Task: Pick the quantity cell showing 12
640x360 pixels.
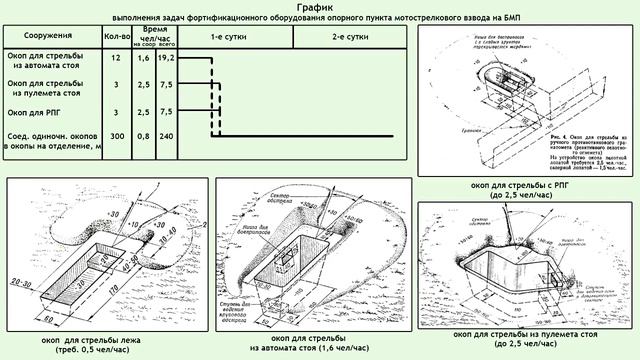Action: coord(117,62)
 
